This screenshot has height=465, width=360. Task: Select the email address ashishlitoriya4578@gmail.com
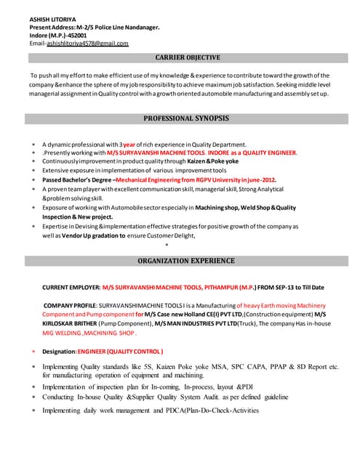87,44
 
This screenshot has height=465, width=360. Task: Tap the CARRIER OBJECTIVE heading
188,57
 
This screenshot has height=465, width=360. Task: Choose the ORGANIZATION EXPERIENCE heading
188,260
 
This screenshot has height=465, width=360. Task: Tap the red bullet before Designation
33,352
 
